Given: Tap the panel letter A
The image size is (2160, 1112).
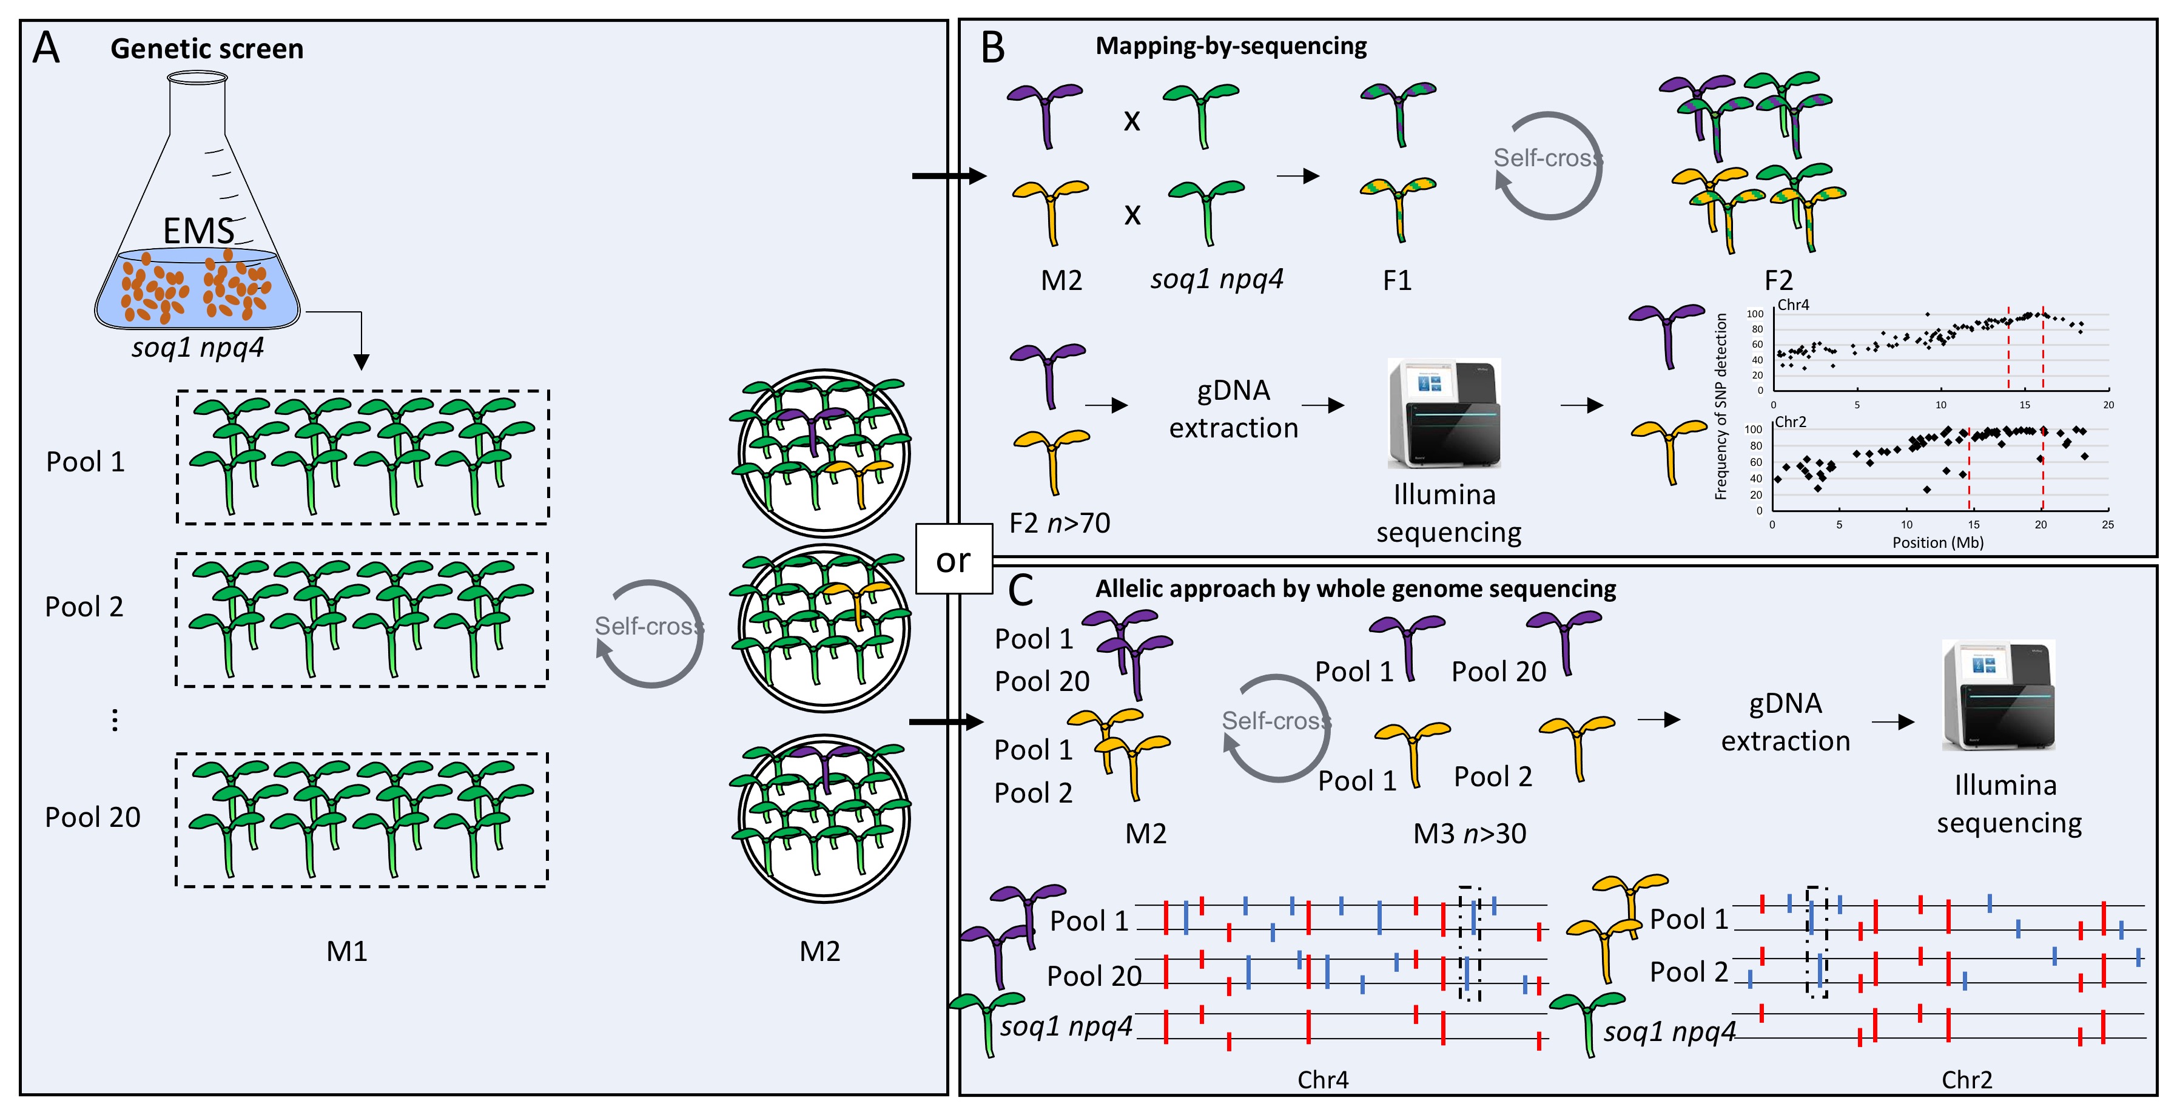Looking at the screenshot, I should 46,48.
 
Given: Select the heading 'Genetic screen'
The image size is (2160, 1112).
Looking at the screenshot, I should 207,49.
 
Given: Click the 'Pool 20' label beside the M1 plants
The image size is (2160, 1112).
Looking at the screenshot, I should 92,817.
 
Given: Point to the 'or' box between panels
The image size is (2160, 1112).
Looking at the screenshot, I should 954,559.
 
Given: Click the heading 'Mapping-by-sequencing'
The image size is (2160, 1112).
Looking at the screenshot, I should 1231,46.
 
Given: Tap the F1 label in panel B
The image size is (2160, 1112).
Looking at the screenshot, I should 1397,280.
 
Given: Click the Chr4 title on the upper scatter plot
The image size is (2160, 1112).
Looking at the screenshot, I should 1793,305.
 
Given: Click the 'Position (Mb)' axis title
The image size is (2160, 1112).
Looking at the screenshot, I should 1938,542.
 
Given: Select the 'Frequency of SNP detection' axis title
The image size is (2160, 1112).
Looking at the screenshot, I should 1721,406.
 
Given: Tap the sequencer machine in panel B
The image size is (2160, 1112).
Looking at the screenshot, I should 1444,413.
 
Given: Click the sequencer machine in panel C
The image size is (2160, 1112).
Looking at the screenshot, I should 1998,695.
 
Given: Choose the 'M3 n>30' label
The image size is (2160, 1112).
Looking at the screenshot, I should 1469,834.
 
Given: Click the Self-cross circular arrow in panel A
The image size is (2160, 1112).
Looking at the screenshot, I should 650,633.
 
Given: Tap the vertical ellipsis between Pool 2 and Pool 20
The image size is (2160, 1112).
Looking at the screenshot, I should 115,720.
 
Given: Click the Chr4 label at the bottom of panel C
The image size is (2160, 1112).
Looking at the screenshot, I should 1322,1079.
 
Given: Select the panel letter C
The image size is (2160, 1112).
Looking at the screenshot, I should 1020,590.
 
